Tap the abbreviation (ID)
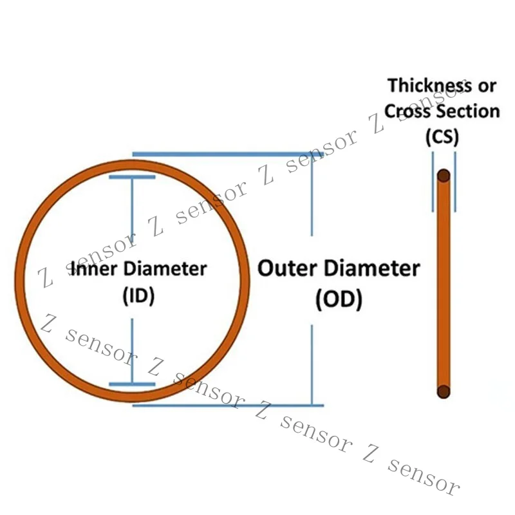tap(138, 295)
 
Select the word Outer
tap(287, 268)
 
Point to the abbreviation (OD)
tap(339, 299)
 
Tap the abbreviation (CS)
tap(442, 136)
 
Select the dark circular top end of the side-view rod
tap(444, 176)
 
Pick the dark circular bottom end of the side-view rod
tap(444, 391)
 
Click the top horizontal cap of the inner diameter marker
tap(132, 177)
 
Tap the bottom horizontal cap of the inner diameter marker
tap(132, 384)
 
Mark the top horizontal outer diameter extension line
tap(228, 154)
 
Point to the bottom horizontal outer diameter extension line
tap(228, 406)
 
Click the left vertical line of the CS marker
tap(433, 182)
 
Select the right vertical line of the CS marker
tap(455, 182)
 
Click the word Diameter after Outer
tap(372, 268)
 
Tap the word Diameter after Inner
tap(165, 268)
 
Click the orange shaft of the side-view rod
tap(444, 283)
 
